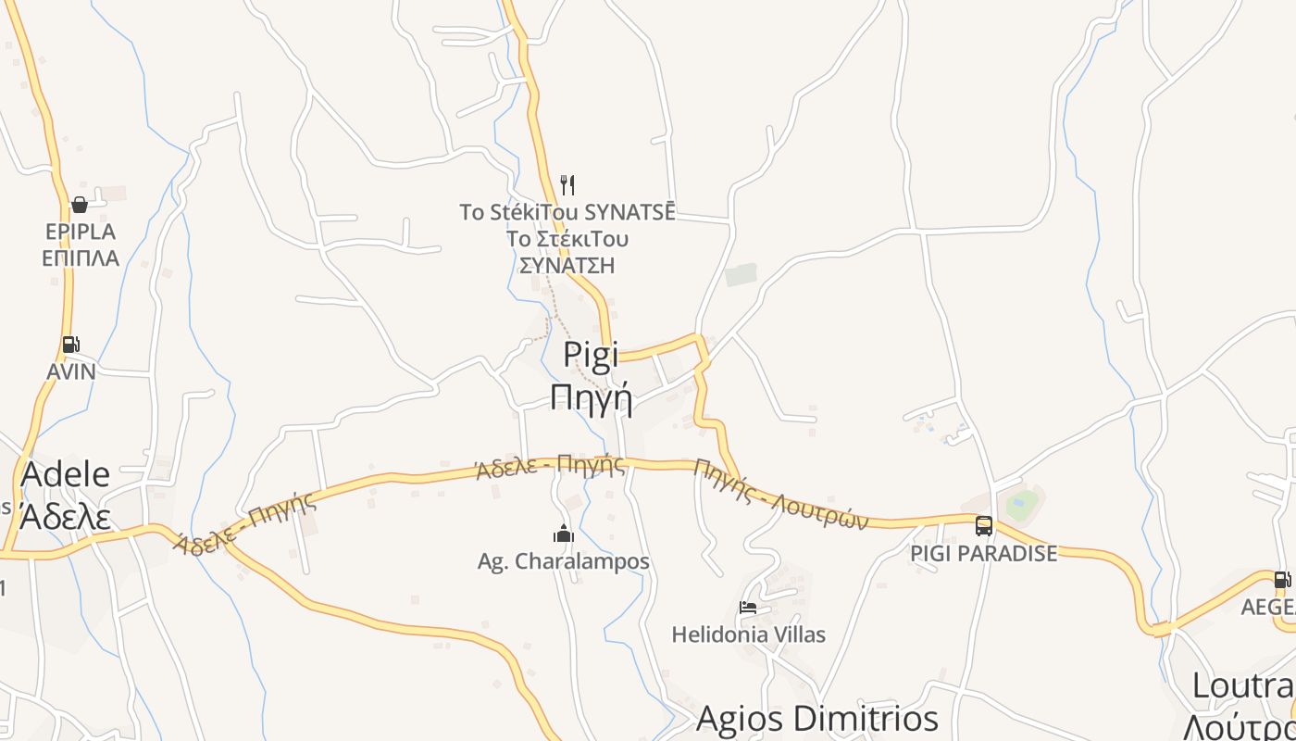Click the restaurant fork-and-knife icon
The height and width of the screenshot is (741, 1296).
[567, 185]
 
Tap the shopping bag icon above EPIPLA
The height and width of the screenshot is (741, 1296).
[80, 205]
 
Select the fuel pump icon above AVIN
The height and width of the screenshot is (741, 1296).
[70, 345]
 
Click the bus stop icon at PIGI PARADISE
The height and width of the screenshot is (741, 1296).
[984, 526]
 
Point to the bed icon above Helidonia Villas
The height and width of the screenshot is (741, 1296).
[748, 608]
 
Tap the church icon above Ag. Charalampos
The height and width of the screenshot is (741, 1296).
[563, 534]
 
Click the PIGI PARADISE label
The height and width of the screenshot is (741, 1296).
[983, 554]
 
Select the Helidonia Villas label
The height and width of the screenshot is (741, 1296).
[748, 634]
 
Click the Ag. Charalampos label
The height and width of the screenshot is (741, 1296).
[563, 561]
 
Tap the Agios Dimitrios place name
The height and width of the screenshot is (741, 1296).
[816, 718]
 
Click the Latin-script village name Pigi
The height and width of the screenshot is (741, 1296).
[591, 356]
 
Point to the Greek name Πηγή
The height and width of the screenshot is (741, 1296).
[591, 398]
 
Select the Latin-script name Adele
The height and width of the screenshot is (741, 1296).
[65, 474]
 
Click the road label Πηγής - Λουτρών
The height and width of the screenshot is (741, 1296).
[782, 495]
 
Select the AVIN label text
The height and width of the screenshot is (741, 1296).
[71, 371]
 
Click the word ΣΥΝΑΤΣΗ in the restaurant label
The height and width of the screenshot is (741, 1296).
[567, 266]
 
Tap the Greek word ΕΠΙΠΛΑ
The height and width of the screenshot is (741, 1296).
[81, 258]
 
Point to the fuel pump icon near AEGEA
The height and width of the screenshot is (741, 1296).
[1282, 580]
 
